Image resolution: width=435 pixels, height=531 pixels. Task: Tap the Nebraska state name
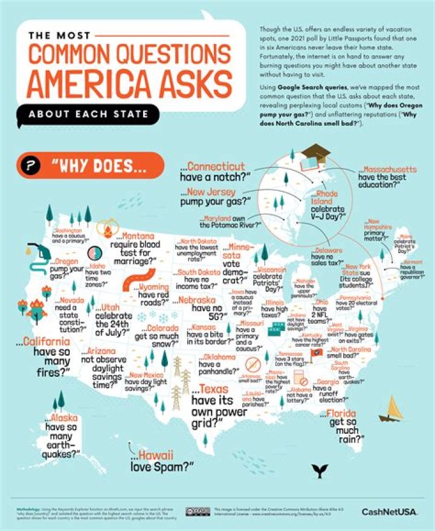tap(211, 299)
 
